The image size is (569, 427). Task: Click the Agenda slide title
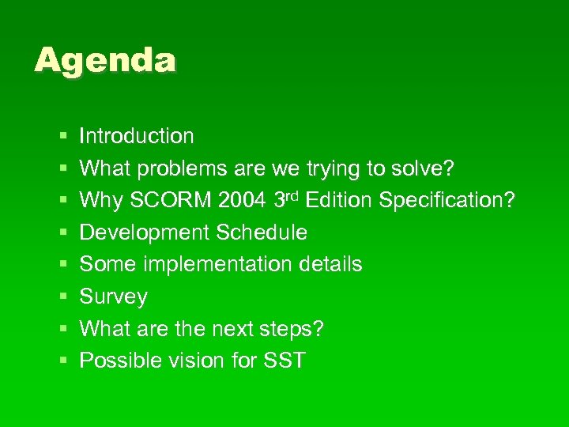[x=105, y=61]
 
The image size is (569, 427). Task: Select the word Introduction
[x=137, y=136]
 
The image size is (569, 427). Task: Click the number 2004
[x=243, y=201]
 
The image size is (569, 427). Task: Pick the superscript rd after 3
[x=292, y=195]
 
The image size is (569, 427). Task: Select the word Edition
[x=339, y=201]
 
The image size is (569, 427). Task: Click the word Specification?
[x=447, y=201]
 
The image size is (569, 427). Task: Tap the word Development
[x=145, y=232]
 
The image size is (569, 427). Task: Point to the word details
[x=333, y=264]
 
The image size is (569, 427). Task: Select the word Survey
[x=114, y=297]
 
